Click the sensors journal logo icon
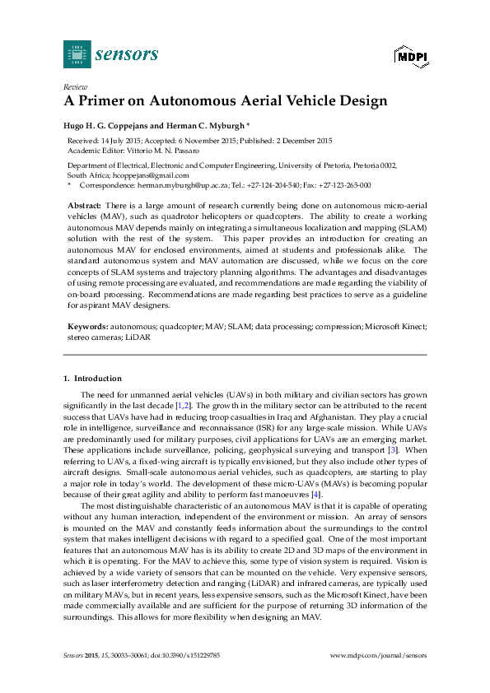pyautogui.click(x=77, y=54)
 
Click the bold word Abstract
pyautogui.click(x=83, y=203)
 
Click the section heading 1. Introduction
pyautogui.click(x=92, y=379)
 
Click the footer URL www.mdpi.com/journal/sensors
pyautogui.click(x=378, y=654)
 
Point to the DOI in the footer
pyautogui.click(x=197, y=654)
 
